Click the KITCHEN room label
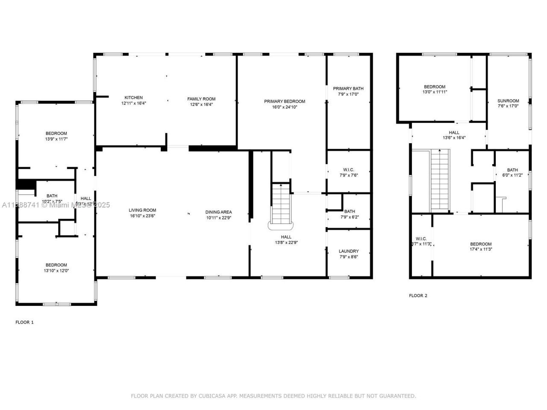(x=133, y=98)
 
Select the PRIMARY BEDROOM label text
(x=284, y=101)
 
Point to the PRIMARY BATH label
(x=348, y=88)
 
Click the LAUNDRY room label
(x=348, y=251)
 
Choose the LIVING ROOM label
(x=142, y=210)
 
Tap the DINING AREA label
(x=218, y=212)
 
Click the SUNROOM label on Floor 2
(x=508, y=101)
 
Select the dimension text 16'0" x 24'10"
(x=284, y=107)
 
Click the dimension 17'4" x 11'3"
(x=481, y=249)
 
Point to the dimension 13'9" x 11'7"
(x=56, y=139)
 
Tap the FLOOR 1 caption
(x=24, y=322)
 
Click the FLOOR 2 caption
(x=418, y=296)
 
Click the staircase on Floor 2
(x=440, y=179)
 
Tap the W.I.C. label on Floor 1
(x=348, y=170)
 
